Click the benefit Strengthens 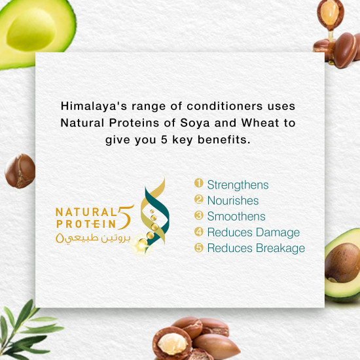click(238, 185)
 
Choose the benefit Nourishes click(232, 201)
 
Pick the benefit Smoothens click(236, 217)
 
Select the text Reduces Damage click(253, 232)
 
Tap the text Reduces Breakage click(256, 248)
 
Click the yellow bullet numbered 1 click(199, 185)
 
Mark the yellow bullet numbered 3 click(199, 216)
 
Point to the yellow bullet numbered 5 click(199, 248)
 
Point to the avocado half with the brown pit click(342, 262)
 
